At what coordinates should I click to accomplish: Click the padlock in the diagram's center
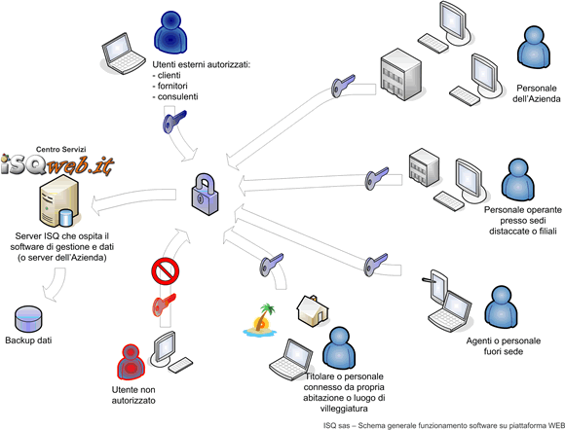(205, 194)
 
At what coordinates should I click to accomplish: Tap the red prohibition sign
(166, 270)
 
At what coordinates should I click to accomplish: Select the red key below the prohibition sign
(164, 305)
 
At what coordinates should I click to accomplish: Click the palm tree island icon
(261, 320)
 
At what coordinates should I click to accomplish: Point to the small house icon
(313, 311)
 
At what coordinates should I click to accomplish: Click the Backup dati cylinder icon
(28, 319)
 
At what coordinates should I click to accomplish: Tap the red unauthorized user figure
(131, 362)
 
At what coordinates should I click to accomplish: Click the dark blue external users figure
(170, 32)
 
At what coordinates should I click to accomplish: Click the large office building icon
(400, 75)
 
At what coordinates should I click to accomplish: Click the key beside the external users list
(174, 122)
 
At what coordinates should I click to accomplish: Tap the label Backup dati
(28, 340)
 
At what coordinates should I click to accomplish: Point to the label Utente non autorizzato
(133, 395)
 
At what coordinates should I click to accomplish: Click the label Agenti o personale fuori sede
(504, 345)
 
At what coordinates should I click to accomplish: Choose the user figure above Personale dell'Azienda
(534, 47)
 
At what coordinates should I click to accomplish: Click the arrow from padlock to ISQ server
(133, 201)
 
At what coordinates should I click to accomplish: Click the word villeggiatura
(344, 409)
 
